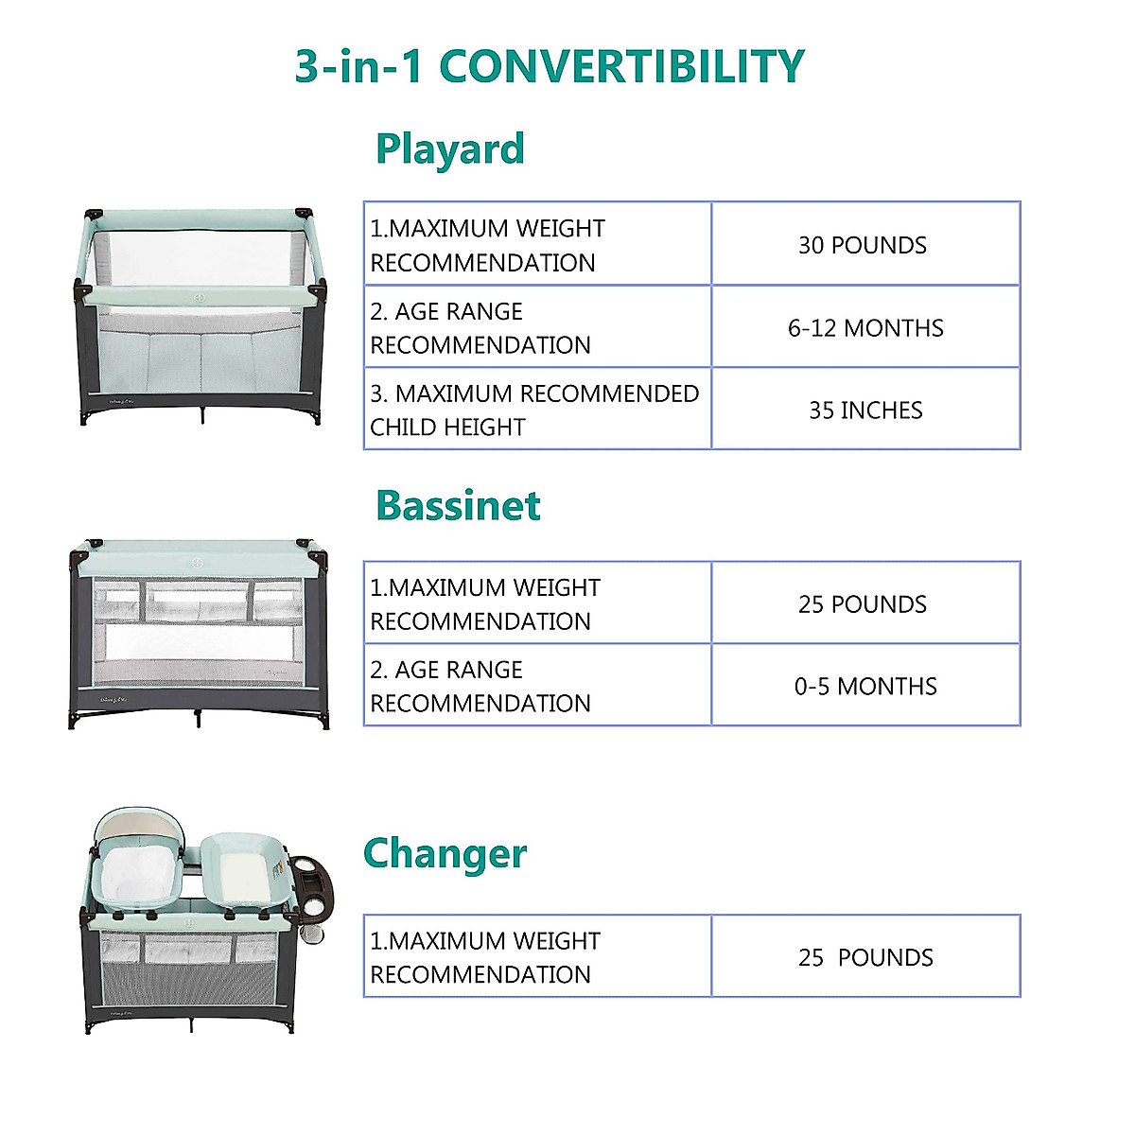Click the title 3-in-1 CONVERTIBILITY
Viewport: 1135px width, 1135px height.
(x=550, y=66)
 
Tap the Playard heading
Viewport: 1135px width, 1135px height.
(x=449, y=149)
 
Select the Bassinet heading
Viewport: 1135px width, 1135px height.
(x=458, y=505)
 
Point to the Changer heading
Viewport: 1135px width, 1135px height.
(x=445, y=853)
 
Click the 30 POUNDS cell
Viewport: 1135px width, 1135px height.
(x=863, y=245)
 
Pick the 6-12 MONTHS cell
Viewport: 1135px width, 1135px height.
(x=865, y=328)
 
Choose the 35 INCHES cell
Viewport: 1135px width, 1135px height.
(x=865, y=410)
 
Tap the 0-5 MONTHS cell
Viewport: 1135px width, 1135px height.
(x=865, y=686)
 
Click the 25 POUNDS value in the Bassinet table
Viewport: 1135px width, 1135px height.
(x=863, y=604)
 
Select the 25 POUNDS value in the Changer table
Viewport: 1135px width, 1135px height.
(x=865, y=957)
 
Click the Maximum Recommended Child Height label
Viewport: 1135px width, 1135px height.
(x=534, y=410)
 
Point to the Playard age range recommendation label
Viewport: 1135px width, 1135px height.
(x=480, y=328)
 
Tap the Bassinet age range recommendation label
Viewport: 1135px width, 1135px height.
(x=480, y=687)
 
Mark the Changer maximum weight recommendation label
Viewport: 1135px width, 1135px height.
(x=484, y=957)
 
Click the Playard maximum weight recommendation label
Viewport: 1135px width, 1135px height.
(x=487, y=246)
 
